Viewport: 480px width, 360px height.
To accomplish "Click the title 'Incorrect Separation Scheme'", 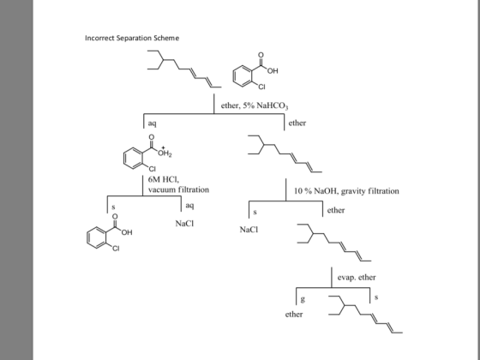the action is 132,39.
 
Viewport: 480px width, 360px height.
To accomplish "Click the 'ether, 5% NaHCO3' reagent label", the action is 255,106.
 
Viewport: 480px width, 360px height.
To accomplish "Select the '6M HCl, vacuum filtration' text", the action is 179,184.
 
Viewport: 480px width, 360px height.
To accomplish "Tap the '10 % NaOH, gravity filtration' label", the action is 346,191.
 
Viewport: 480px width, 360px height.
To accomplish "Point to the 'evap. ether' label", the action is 357,278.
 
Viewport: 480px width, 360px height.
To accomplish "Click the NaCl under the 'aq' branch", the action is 184,224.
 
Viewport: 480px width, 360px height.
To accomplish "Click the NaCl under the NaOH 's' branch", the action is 249,230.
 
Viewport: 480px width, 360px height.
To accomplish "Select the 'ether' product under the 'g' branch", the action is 294,315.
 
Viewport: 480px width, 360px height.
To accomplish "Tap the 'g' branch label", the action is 303,299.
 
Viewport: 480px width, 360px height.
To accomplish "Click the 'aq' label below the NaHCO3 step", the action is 153,123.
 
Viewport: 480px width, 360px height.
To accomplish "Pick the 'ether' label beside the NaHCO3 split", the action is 297,123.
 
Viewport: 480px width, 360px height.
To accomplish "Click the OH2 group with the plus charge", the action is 165,153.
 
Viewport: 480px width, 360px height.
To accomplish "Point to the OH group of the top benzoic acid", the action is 273,71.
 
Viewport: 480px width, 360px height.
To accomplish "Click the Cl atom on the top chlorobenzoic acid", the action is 261,87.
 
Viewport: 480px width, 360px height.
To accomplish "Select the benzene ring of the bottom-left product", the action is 96,237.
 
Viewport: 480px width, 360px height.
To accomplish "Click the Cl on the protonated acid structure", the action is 153,169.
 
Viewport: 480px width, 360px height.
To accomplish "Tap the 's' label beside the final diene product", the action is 376,297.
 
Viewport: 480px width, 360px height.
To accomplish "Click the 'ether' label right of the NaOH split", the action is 336,210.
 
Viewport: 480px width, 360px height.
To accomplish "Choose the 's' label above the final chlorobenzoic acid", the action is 113,207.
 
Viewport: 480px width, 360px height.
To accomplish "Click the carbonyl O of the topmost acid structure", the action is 261,55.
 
